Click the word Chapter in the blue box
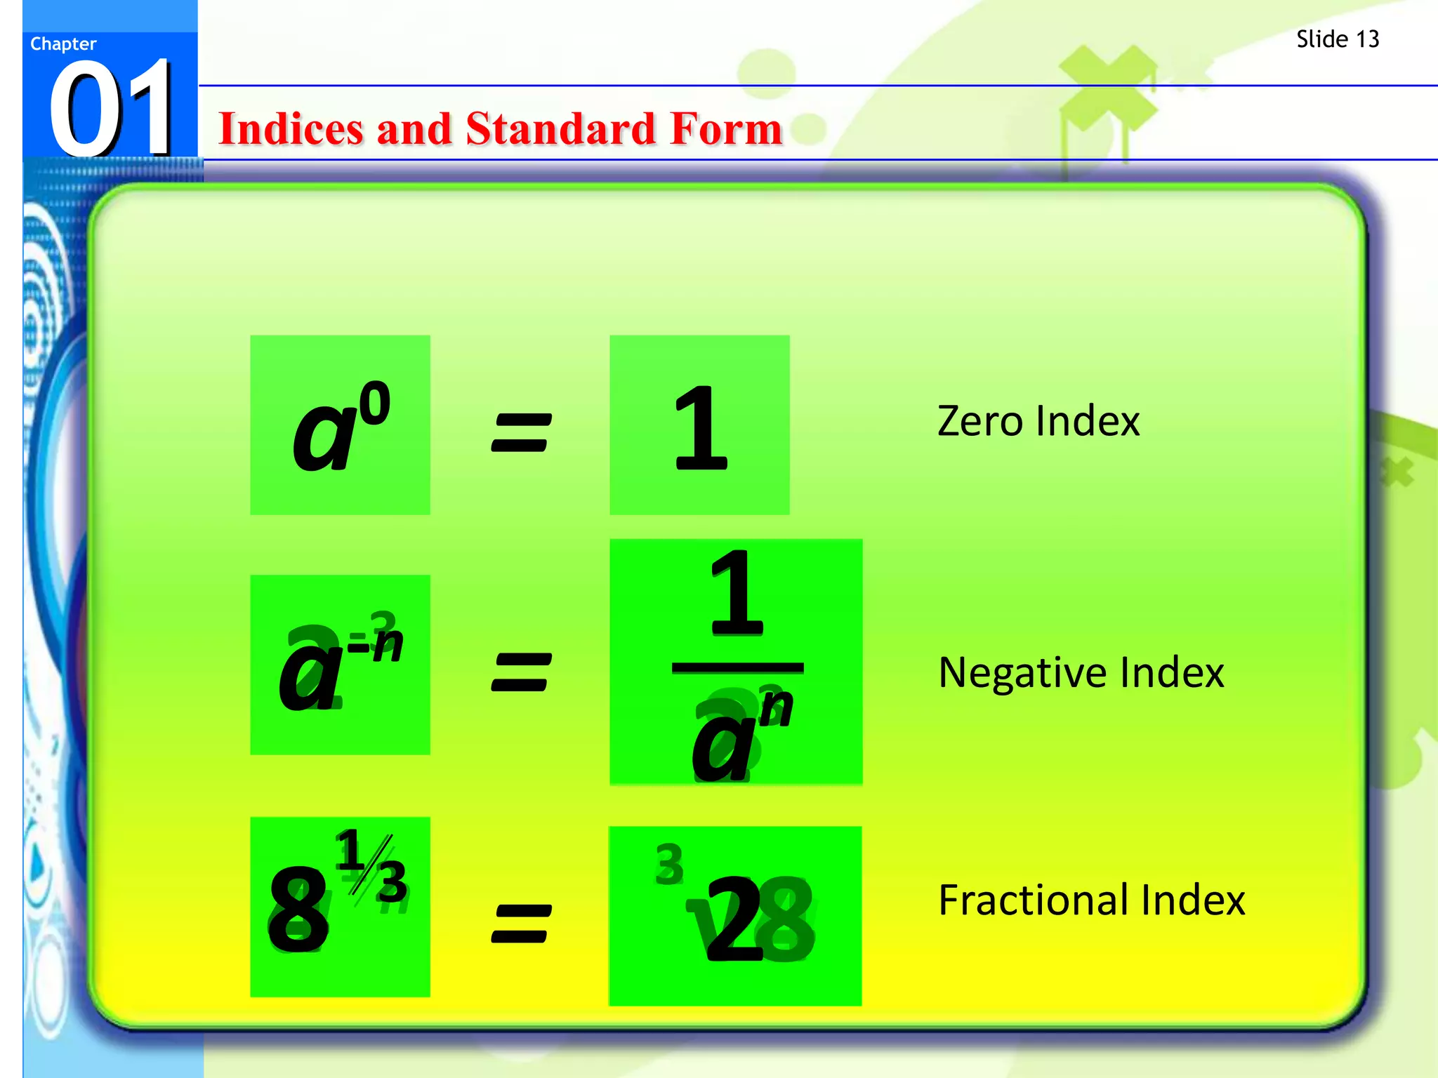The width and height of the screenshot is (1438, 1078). [x=63, y=44]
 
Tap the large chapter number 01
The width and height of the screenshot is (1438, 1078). [x=112, y=109]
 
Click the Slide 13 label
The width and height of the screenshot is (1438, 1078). [x=1337, y=39]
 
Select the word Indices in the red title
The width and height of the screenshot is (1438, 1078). [x=291, y=129]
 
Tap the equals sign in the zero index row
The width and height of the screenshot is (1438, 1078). [x=520, y=432]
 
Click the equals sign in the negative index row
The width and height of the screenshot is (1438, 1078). [x=520, y=672]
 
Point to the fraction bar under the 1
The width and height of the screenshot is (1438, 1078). [x=737, y=667]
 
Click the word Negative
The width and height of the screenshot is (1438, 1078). [x=1022, y=672]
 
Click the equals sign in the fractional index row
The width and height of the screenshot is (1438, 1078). [x=520, y=923]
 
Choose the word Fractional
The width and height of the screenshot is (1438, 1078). [x=1032, y=900]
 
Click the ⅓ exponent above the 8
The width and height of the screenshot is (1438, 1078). [x=371, y=867]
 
